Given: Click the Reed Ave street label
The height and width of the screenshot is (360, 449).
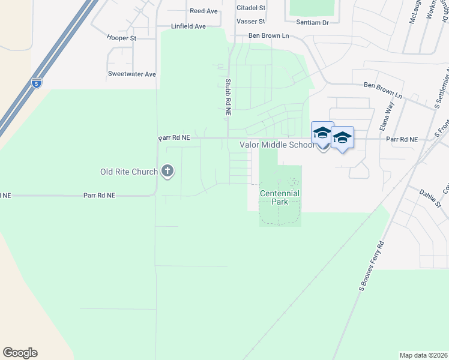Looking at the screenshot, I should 203,11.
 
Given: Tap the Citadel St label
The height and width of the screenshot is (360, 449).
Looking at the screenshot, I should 251,8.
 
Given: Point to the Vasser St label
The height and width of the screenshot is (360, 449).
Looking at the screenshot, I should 251,21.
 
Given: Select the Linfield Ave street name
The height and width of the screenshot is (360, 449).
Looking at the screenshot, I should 188,26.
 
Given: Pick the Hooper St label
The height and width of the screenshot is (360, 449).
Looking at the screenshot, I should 122,37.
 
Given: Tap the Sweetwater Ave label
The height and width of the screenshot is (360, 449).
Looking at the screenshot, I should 131,74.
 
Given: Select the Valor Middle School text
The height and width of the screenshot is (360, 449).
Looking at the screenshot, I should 277,145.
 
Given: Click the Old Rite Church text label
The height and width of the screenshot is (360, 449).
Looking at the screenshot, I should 128,172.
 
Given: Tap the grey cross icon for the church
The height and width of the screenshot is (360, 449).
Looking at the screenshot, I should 167,172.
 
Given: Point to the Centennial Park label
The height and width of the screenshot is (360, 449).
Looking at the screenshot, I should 279,197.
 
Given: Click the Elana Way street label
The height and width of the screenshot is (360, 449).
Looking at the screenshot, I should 386,116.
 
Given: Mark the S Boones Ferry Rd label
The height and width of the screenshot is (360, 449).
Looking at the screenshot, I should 371,267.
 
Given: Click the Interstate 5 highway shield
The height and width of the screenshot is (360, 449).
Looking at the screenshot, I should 37,83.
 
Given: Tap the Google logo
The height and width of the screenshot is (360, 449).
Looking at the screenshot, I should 20,353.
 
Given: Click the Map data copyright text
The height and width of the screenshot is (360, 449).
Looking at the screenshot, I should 423,355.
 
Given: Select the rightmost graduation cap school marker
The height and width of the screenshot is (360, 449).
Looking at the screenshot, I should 342,139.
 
